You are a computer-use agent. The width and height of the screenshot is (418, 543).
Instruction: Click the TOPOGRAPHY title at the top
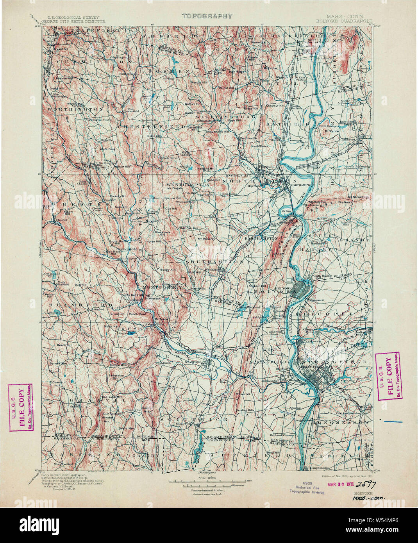pyautogui.click(x=207, y=16)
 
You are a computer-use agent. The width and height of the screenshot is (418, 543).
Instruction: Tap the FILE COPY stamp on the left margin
pyautogui.click(x=21, y=407)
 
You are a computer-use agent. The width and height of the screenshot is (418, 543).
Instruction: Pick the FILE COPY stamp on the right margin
pyautogui.click(x=387, y=376)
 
